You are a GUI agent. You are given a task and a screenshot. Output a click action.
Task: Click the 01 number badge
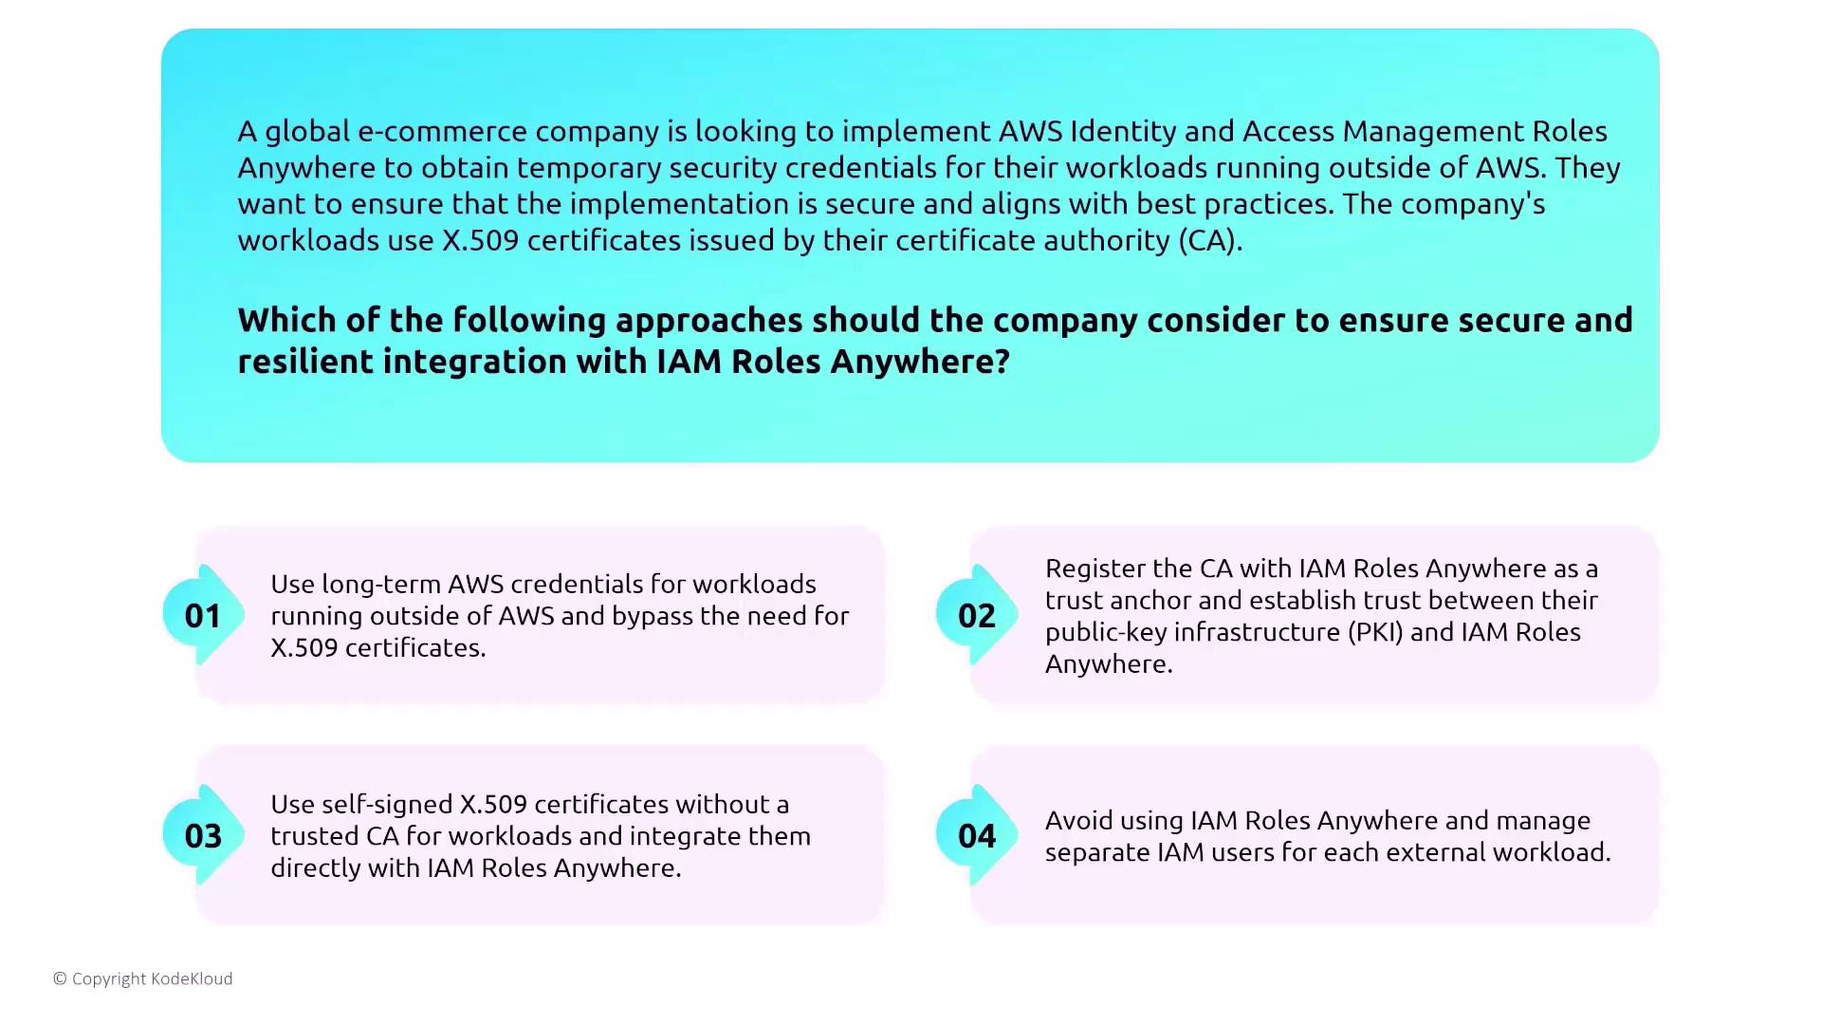[202, 616]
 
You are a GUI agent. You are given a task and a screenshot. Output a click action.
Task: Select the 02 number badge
[976, 616]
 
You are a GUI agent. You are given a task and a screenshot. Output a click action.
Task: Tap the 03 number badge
[202, 836]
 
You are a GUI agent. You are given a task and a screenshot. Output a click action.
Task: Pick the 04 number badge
[976, 836]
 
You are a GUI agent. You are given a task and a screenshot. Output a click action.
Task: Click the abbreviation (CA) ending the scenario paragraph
[1209, 240]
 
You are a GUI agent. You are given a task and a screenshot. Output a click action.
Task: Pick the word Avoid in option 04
[1078, 820]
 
